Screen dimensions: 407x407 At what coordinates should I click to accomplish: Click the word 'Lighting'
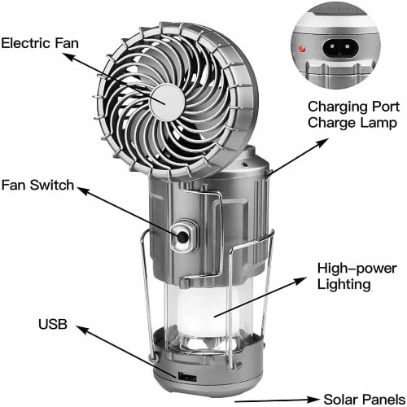tap(346, 285)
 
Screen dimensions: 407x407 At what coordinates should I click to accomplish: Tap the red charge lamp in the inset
tap(303, 50)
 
